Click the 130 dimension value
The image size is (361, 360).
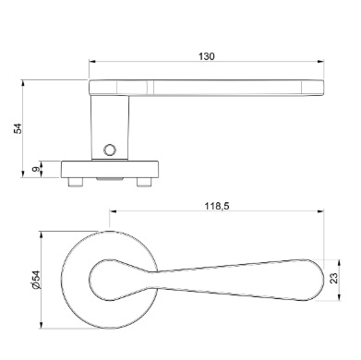click(x=206, y=56)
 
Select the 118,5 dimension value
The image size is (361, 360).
click(x=217, y=206)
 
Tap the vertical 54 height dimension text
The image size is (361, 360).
click(x=18, y=128)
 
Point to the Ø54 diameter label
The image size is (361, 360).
click(x=36, y=280)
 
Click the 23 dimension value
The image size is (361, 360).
click(x=333, y=278)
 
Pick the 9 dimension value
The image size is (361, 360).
click(x=36, y=169)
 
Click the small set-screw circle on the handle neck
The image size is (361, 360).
click(x=110, y=150)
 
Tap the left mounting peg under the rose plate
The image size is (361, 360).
click(x=76, y=182)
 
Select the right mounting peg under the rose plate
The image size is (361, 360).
click(x=144, y=182)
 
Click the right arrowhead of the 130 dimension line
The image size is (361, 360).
click(x=320, y=62)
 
